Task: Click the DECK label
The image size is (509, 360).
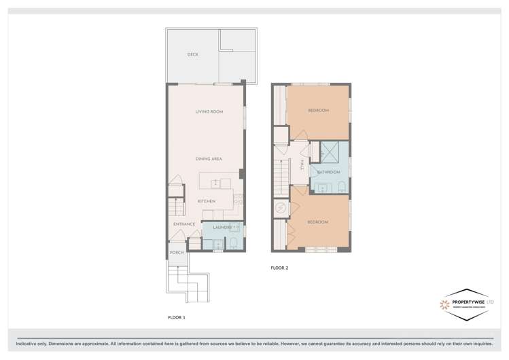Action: click(x=193, y=54)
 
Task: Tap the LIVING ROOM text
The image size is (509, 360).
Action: click(x=209, y=111)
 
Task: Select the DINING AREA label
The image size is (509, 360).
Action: click(x=209, y=158)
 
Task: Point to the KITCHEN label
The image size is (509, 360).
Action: click(x=206, y=201)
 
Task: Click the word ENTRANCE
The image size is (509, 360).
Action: click(x=184, y=223)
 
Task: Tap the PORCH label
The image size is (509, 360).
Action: click(x=177, y=252)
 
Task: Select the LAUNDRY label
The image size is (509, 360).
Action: click(x=223, y=227)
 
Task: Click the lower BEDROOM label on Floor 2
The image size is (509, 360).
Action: click(x=317, y=222)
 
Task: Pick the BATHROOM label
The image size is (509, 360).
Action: click(x=328, y=172)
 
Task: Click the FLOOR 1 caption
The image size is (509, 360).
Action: click(x=176, y=317)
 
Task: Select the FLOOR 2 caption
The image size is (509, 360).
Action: click(x=279, y=268)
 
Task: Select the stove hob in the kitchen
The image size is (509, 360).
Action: click(x=238, y=199)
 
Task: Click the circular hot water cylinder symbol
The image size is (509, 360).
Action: click(x=279, y=207)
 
